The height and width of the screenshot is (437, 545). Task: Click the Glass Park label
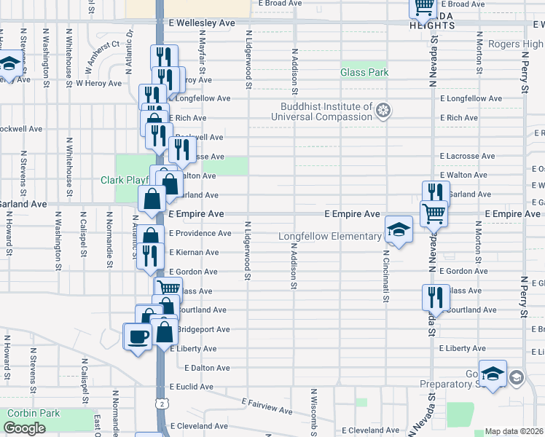364,73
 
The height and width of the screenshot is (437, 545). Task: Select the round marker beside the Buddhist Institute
383,111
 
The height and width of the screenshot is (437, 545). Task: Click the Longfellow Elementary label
330,236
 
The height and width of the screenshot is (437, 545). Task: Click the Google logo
24,428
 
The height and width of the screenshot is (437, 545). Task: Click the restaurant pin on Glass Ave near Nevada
434,298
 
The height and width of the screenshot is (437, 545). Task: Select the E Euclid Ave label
195,387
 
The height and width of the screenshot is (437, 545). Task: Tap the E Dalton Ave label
208,368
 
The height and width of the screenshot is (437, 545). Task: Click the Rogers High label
514,44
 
